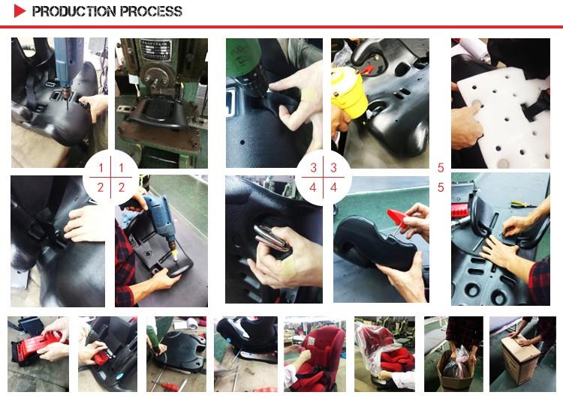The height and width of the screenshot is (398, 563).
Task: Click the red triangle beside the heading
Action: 19,11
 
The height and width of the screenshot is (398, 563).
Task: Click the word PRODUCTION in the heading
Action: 74,11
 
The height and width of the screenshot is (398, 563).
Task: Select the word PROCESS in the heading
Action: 151,11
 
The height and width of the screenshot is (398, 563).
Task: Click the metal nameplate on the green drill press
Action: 155,49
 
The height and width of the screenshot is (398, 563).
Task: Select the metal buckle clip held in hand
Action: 271,238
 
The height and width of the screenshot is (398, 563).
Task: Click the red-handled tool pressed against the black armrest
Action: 398,220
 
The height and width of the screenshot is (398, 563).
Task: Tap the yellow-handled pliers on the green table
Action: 523,205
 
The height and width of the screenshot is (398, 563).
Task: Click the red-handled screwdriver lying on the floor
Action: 170,388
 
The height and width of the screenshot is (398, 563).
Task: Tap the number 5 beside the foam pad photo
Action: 441,167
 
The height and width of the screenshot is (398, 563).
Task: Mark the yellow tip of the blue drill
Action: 175,256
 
